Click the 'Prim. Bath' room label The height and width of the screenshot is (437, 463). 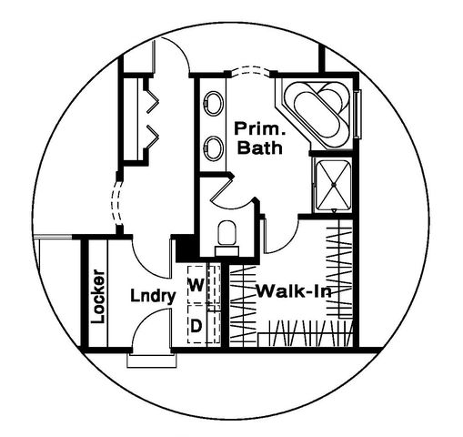(x=260, y=138)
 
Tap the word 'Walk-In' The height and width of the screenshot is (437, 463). (x=294, y=291)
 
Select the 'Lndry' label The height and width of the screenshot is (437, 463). (x=153, y=295)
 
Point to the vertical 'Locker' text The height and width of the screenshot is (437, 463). (x=99, y=297)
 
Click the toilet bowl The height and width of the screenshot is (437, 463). (x=227, y=233)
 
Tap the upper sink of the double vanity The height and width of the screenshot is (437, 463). (x=214, y=103)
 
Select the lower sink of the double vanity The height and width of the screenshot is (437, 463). (x=214, y=147)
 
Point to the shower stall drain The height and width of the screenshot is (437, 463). (x=334, y=185)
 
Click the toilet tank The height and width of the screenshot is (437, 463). (x=226, y=251)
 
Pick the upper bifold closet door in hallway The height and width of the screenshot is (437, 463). (x=153, y=97)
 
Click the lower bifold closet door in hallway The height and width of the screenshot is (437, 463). (x=153, y=137)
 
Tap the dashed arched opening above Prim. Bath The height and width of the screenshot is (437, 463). (x=250, y=70)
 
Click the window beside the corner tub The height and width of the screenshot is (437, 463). (x=357, y=115)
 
